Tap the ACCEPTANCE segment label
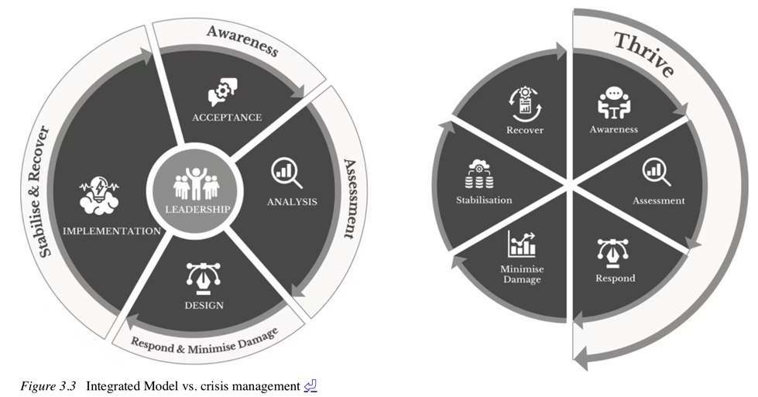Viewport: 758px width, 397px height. [227, 118]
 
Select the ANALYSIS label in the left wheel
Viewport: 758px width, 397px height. [292, 203]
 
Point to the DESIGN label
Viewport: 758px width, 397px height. [204, 305]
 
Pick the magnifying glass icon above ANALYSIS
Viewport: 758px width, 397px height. [286, 173]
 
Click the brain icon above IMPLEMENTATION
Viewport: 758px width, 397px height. [99, 196]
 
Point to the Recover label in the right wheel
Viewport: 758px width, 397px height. [525, 130]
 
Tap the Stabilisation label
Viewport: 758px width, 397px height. [484, 200]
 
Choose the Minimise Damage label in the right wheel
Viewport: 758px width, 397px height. [521, 273]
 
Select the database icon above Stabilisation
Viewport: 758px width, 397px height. [480, 174]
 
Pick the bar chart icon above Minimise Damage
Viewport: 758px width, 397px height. [521, 244]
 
